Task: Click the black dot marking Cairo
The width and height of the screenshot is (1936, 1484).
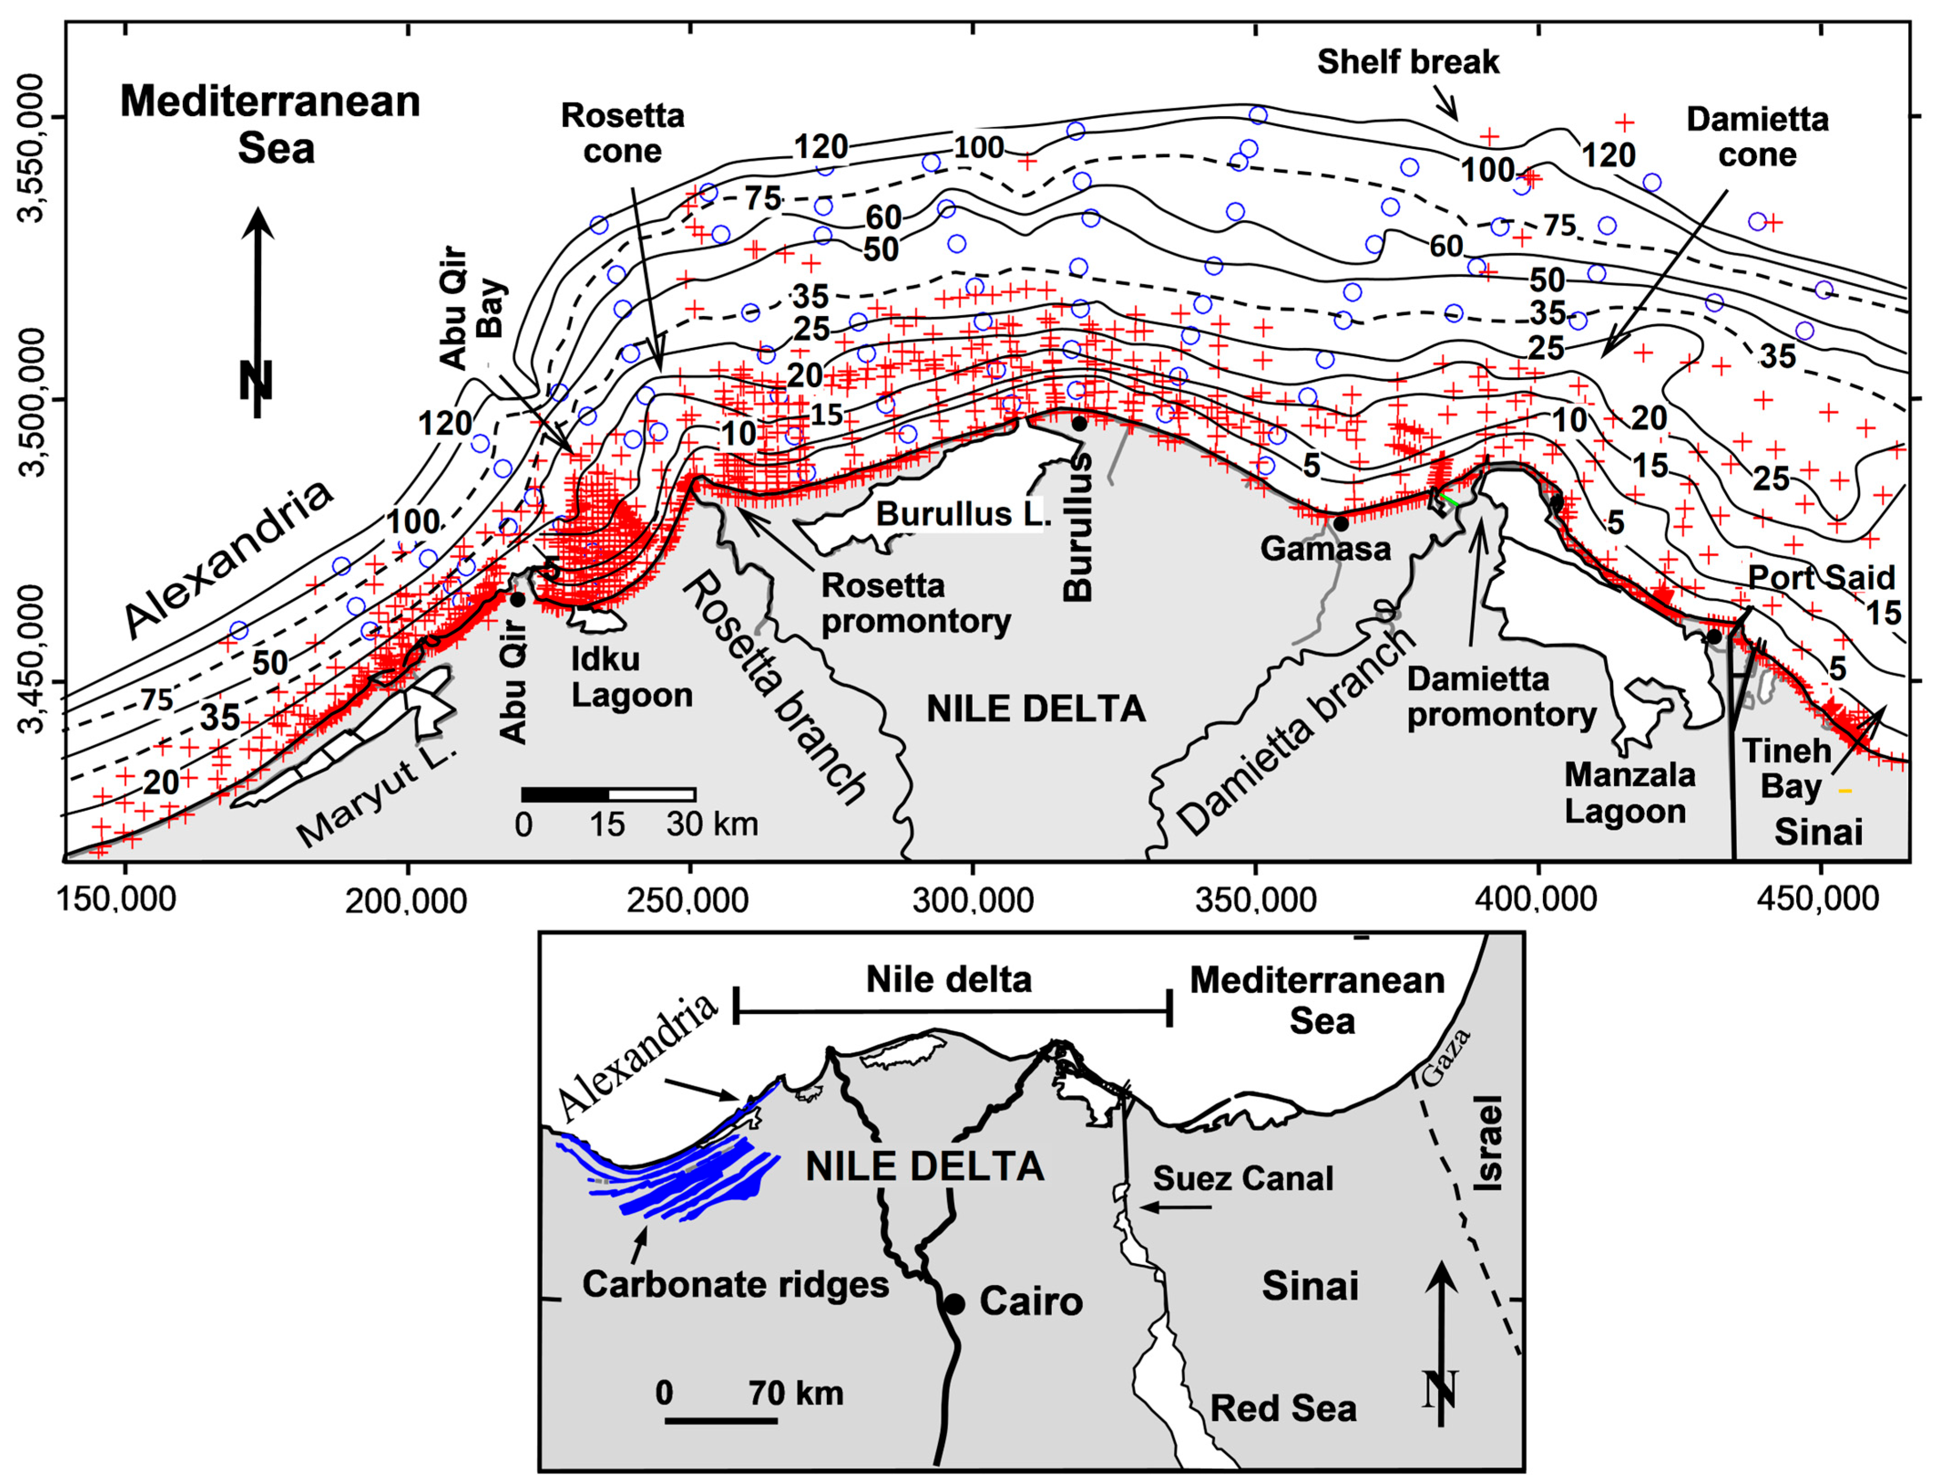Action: pos(954,1303)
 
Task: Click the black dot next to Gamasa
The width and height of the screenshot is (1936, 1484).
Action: pos(1340,523)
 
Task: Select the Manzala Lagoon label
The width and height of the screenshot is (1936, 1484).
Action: pos(1630,793)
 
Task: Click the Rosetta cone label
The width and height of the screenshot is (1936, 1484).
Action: pos(623,133)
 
